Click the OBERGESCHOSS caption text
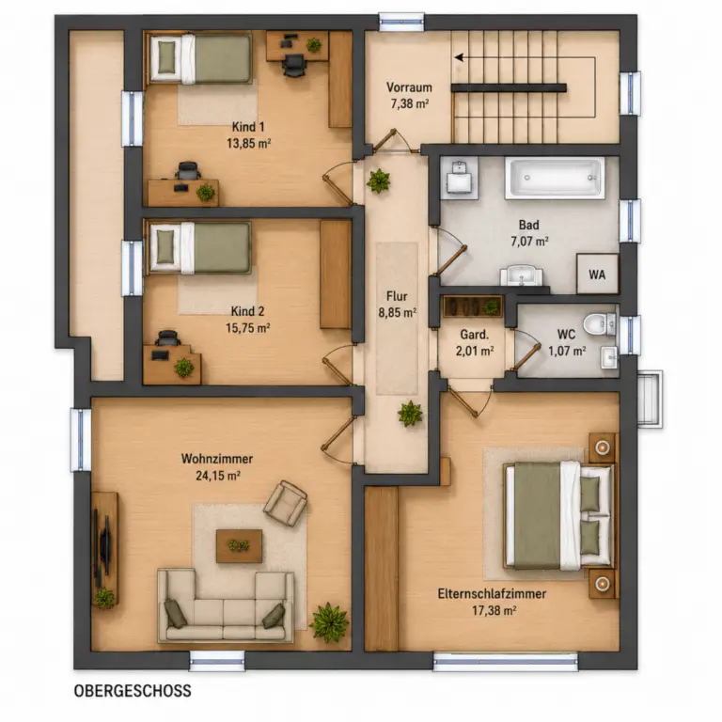pyautogui.click(x=133, y=691)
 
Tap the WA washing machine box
pyautogui.click(x=597, y=274)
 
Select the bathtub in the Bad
pyautogui.click(x=555, y=179)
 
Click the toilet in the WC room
pyautogui.click(x=599, y=323)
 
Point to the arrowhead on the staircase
pyautogui.click(x=459, y=57)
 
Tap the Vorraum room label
pyautogui.click(x=409, y=87)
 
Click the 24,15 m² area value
pyautogui.click(x=218, y=475)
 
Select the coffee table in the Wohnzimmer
pyautogui.click(x=240, y=545)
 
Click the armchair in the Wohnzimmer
pyautogui.click(x=286, y=503)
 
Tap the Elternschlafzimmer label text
pyautogui.click(x=492, y=593)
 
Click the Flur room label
pyautogui.click(x=397, y=296)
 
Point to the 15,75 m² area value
pyautogui.click(x=248, y=328)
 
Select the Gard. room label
pyautogui.click(x=474, y=335)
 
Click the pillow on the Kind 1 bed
pyautogui.click(x=166, y=56)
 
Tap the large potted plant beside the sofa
pyautogui.click(x=329, y=622)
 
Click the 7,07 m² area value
pyautogui.click(x=529, y=242)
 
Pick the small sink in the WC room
pyautogui.click(x=609, y=357)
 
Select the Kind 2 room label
pyautogui.click(x=248, y=311)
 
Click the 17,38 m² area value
pyautogui.click(x=494, y=610)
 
